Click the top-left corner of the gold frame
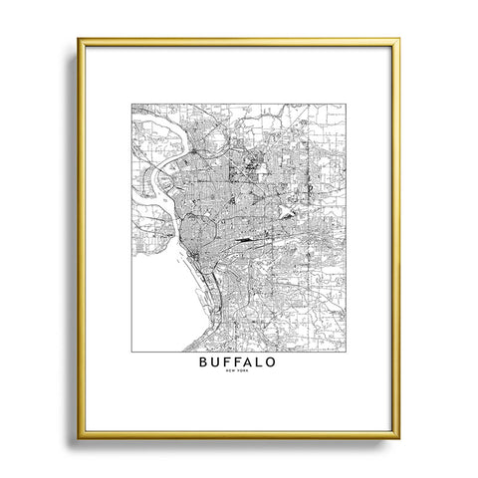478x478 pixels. click(79, 40)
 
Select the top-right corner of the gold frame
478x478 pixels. click(399, 40)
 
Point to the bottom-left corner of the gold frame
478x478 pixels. click(79, 437)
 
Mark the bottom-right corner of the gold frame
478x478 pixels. click(399, 437)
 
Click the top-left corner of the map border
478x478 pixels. click(131, 104)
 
